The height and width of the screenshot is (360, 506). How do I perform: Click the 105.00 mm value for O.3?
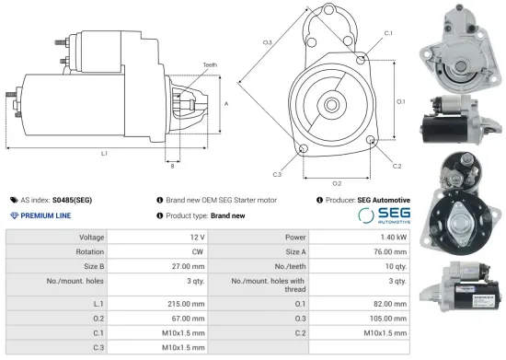389,319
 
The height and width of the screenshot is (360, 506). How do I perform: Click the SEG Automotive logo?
383,215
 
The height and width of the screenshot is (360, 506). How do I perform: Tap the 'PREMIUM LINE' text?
47,215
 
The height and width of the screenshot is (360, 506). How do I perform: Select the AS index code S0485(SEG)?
73,199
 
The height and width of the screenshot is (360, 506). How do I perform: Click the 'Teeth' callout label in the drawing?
211,64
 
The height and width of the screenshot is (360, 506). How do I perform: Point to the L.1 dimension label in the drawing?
104,153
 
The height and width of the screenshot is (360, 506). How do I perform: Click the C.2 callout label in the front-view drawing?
397,166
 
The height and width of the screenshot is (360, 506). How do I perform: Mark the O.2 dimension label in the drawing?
337,183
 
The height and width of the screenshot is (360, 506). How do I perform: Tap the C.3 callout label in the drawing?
277,173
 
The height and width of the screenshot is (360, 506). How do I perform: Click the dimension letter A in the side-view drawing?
226,105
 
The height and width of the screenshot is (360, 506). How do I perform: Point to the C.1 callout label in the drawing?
387,33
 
